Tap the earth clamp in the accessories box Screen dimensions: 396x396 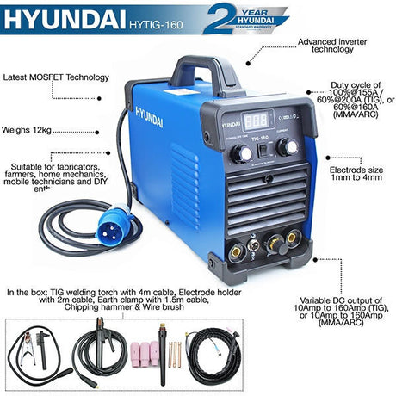tap(33, 349)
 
